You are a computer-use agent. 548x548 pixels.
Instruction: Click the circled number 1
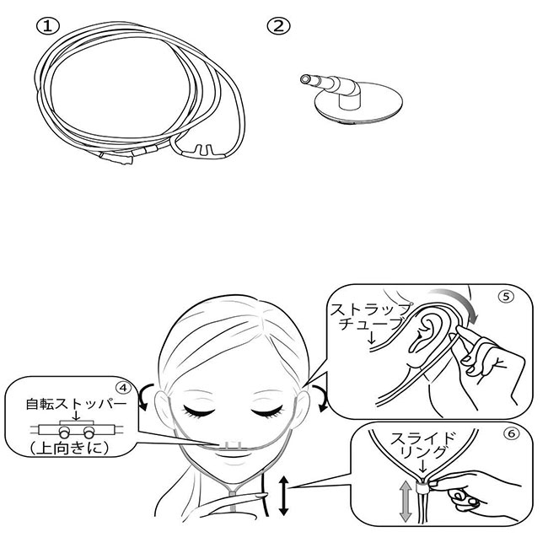[48, 27]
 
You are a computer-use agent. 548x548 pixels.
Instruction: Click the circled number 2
[278, 26]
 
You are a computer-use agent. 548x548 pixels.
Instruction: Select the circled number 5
[506, 297]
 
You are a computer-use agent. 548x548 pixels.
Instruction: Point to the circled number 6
[511, 433]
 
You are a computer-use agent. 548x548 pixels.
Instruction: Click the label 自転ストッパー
[76, 405]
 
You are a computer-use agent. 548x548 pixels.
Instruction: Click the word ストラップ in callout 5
[370, 309]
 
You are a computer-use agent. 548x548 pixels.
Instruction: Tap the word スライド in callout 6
[423, 439]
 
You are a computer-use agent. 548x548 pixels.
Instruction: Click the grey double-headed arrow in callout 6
[405, 501]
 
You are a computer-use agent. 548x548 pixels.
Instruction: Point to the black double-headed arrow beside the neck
[283, 497]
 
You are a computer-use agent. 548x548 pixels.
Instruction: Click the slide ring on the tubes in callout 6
[422, 486]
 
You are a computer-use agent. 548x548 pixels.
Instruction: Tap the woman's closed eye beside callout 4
[200, 411]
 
